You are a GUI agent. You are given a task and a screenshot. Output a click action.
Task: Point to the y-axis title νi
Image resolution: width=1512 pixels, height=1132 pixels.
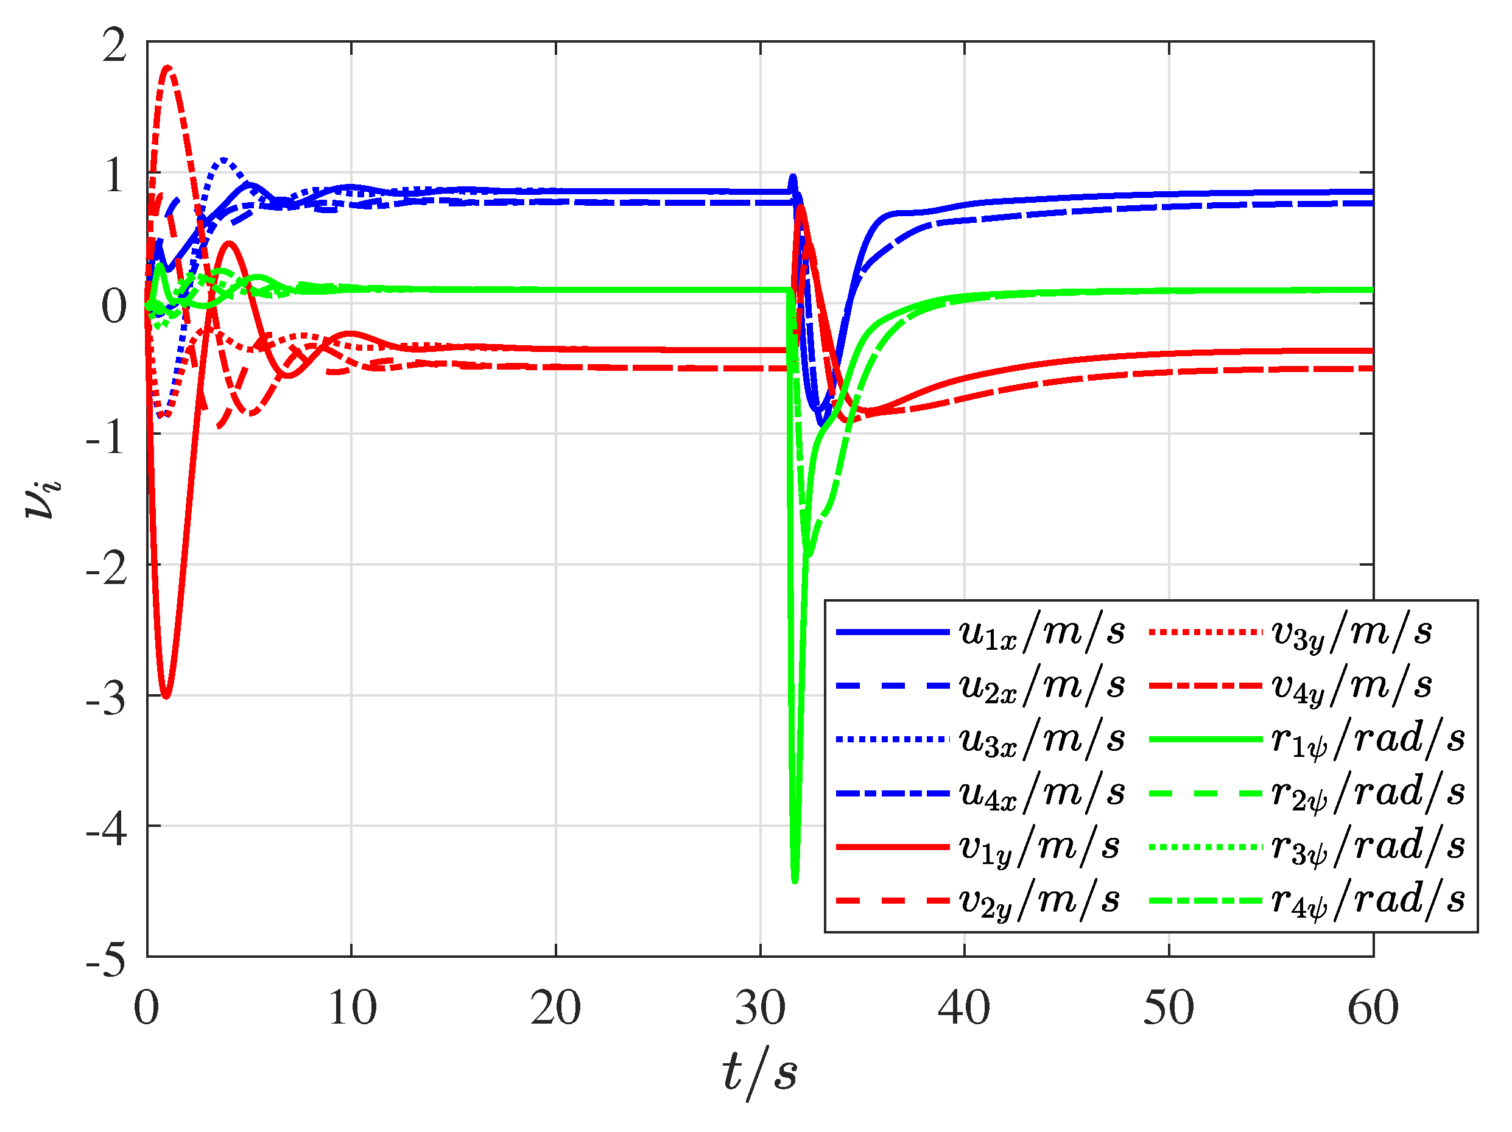(43, 497)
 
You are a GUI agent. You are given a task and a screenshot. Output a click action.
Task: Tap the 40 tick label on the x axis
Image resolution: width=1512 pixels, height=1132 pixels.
(964, 1008)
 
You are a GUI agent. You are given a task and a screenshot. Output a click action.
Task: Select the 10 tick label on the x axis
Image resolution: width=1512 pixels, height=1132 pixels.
(351, 1008)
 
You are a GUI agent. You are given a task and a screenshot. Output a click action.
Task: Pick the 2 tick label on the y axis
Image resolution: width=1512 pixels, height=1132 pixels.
(115, 45)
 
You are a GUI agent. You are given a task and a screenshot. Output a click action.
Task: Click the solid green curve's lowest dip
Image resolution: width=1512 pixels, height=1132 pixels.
(794, 881)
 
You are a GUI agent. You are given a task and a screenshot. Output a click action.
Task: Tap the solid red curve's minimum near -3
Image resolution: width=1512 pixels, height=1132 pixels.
(166, 697)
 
